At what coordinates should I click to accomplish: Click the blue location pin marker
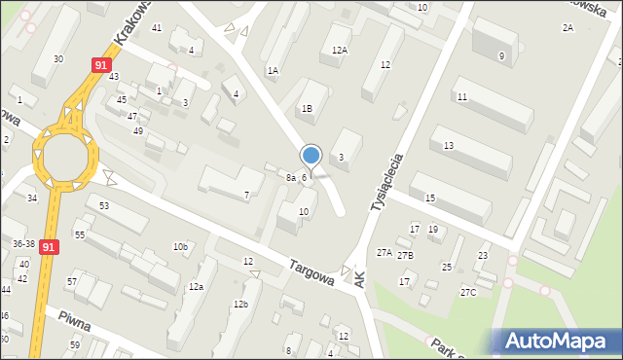pos(311,156)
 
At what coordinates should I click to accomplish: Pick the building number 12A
pos(340,50)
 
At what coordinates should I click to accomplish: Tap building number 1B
pos(307,109)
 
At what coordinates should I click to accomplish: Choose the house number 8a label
pos(290,178)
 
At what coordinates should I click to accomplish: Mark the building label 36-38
pos(23,244)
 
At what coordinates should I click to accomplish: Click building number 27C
pos(468,292)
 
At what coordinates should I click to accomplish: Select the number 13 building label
pos(448,145)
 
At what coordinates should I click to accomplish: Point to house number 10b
pos(180,247)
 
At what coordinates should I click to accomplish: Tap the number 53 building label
pos(103,206)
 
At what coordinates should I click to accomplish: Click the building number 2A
pos(568,28)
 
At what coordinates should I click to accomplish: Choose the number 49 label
pos(138,131)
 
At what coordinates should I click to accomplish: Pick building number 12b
pos(239,305)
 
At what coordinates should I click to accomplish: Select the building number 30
pos(58,59)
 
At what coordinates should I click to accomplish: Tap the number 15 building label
pos(429,198)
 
